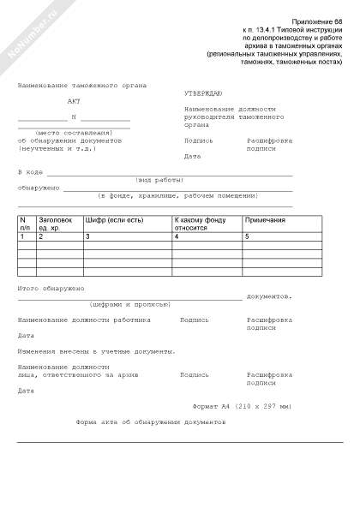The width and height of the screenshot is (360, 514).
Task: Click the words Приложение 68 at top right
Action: (x=316, y=20)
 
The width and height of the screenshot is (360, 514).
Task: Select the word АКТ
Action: (x=75, y=101)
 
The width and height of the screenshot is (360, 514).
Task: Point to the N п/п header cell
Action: (x=25, y=224)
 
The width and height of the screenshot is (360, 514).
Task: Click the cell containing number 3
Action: (x=87, y=236)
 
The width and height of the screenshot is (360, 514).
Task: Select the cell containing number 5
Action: (x=249, y=236)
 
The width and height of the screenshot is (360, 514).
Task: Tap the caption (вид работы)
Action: (x=159, y=180)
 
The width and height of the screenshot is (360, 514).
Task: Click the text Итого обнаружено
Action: (x=50, y=289)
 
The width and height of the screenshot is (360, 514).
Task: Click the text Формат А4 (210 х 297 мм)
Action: (x=243, y=405)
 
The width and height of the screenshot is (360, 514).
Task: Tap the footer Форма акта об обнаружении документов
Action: (x=151, y=422)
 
